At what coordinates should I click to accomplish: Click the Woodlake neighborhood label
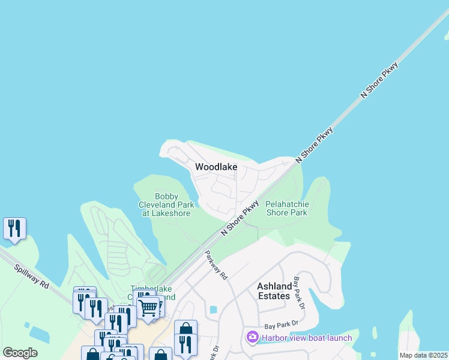(216, 167)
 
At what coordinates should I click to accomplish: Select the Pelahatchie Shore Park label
(286, 208)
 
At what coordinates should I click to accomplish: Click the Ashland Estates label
(274, 291)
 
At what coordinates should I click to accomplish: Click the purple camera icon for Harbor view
(252, 338)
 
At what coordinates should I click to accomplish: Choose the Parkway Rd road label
(216, 265)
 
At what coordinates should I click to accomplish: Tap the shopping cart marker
(148, 308)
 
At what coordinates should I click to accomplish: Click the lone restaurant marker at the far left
(14, 228)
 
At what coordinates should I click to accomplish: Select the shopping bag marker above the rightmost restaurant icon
(185, 329)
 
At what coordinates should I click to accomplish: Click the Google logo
(20, 353)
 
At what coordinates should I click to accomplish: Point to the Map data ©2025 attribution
(423, 355)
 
